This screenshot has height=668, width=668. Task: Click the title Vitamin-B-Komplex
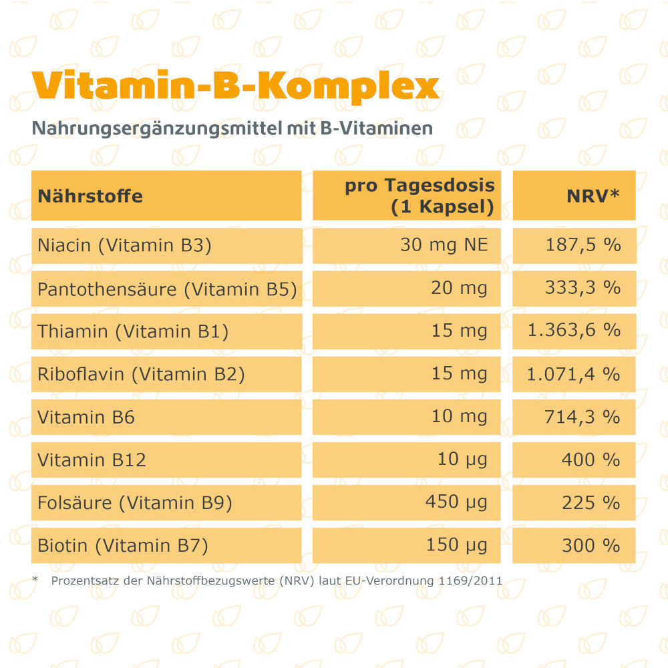235,85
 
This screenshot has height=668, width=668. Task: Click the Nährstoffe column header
90,196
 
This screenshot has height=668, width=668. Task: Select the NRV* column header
593,196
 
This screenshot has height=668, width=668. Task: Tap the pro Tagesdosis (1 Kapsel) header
420,196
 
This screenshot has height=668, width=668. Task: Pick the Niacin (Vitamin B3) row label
124,245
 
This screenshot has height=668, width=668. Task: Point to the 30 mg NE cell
444,245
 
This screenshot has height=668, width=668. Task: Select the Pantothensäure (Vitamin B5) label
167,289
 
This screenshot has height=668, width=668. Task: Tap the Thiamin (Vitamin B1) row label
133,331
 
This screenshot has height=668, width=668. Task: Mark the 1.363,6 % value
573,331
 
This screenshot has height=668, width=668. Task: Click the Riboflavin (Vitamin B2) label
141,374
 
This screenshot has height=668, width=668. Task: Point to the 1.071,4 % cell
573,373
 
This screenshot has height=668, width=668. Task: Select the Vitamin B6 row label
86,417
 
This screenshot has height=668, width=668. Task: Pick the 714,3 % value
582,417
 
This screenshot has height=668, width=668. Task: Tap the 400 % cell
591,460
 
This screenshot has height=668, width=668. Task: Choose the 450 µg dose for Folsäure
456,502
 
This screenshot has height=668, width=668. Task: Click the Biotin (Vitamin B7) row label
123,546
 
